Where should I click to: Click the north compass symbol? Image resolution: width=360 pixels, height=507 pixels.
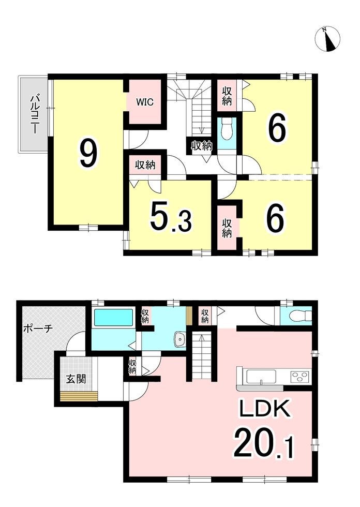328,39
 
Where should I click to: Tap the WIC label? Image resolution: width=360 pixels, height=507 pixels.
145,102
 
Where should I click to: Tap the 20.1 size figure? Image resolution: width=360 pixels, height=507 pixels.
264,444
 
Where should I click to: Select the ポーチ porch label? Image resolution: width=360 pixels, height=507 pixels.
38,329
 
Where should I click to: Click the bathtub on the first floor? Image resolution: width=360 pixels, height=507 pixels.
113,318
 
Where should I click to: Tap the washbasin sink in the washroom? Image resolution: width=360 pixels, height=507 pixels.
179,339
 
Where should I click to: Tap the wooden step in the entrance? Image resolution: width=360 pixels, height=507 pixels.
79,396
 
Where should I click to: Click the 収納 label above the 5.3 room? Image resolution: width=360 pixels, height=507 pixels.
145,165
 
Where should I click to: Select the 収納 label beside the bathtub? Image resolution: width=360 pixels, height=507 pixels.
145,317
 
